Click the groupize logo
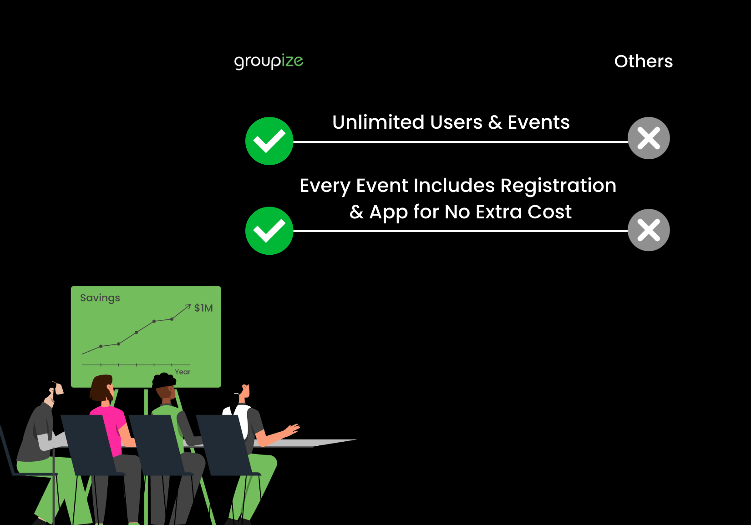click(269, 61)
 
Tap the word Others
click(643, 61)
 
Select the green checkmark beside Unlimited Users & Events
click(269, 141)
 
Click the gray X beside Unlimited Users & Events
click(648, 138)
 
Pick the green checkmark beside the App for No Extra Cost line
click(269, 231)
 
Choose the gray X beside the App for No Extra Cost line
click(648, 230)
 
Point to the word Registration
click(558, 186)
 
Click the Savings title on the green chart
click(100, 298)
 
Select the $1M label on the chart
click(203, 308)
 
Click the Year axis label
click(183, 372)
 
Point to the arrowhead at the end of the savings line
click(188, 306)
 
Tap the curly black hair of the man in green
click(163, 380)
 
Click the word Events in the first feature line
click(538, 122)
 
